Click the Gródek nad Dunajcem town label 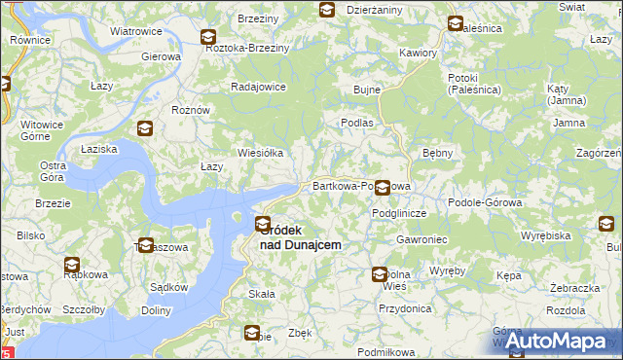click(x=302, y=237)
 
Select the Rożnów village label click(x=191, y=111)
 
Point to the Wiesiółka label click(x=260, y=153)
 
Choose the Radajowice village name click(x=258, y=87)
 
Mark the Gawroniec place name click(x=421, y=238)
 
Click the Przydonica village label click(x=406, y=308)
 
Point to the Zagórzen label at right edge click(x=599, y=154)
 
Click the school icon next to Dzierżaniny click(x=326, y=11)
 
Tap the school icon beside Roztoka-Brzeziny click(x=208, y=38)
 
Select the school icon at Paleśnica click(x=455, y=23)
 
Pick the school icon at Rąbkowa click(x=72, y=264)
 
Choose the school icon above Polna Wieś click(x=380, y=275)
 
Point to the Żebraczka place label click(x=573, y=289)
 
